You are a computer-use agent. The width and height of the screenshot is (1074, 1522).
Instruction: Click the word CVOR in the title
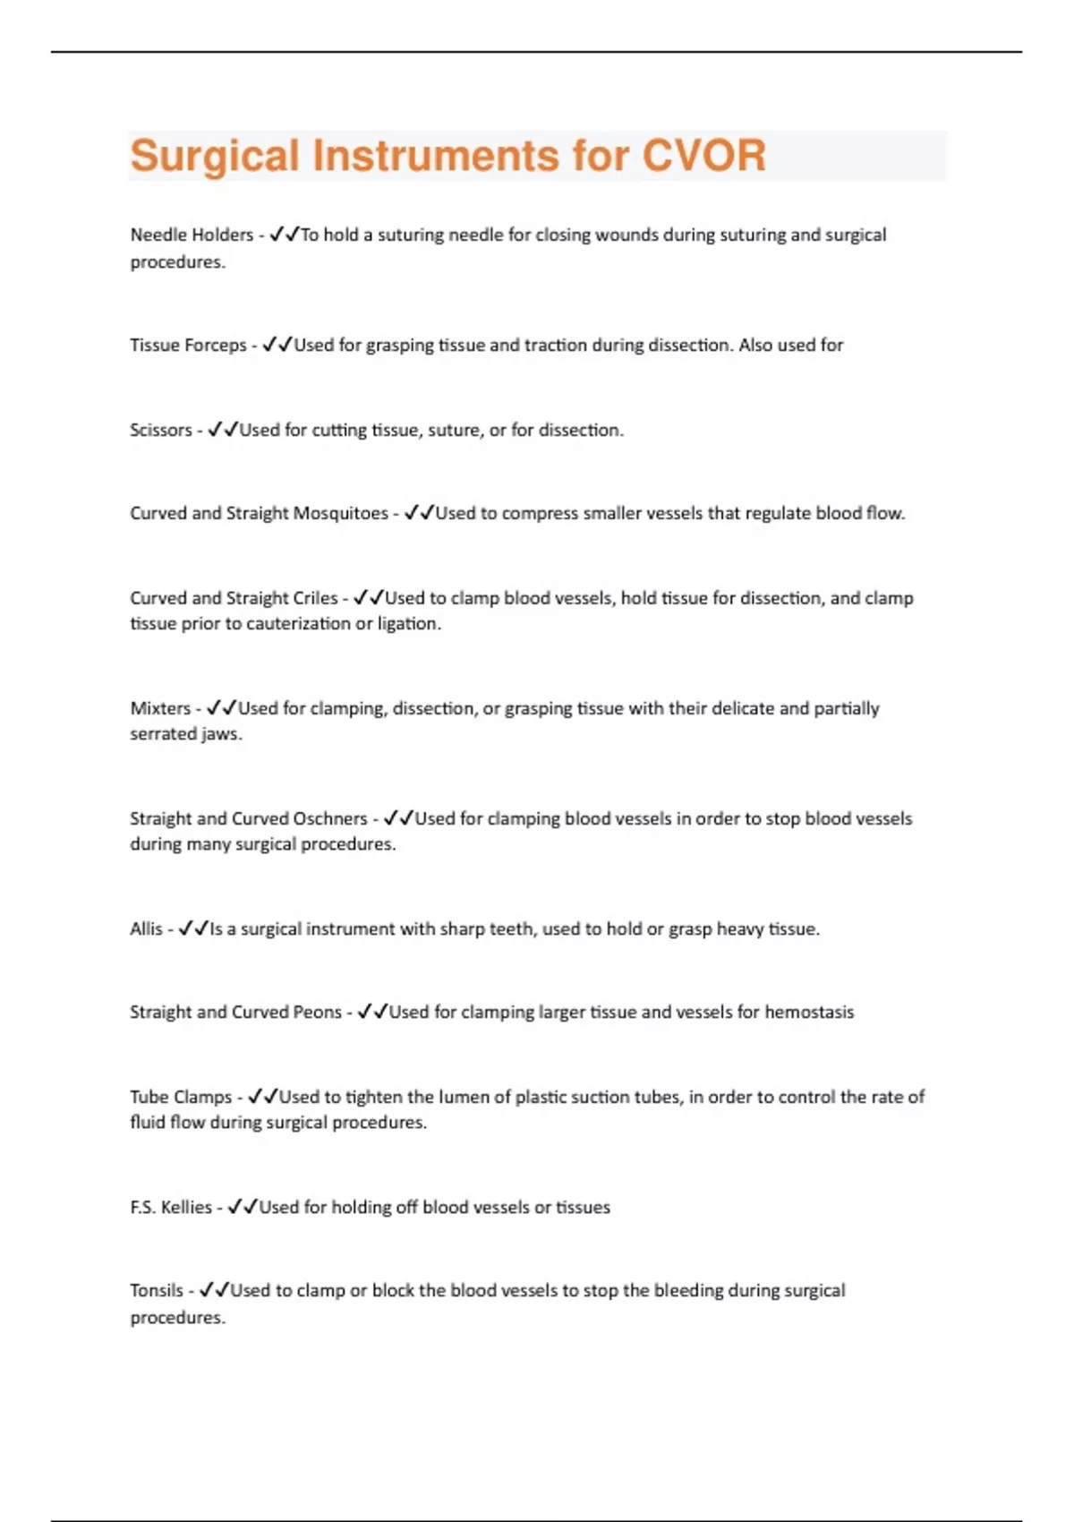(703, 156)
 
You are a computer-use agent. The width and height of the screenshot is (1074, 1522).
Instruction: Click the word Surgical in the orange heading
(214, 156)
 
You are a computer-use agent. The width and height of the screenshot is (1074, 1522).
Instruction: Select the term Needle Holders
(192, 235)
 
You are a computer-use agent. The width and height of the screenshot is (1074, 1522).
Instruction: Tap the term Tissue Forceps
(188, 346)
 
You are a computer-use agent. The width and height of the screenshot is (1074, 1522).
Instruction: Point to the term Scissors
(161, 431)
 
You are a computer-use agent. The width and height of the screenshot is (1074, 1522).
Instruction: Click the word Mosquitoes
(341, 514)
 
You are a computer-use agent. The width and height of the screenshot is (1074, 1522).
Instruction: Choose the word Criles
(316, 598)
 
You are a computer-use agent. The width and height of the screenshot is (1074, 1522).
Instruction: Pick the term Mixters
(160, 709)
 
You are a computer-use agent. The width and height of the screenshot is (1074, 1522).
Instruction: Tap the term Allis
(146, 929)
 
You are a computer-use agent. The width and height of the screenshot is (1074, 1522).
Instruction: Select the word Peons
(318, 1013)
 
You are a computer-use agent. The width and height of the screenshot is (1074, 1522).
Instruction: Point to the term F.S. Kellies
(171, 1208)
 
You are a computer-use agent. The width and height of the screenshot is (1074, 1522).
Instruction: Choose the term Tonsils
(157, 1291)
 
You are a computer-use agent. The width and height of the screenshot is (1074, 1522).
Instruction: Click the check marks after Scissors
(223, 431)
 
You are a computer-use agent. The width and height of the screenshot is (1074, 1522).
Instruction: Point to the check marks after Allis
(193, 929)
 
